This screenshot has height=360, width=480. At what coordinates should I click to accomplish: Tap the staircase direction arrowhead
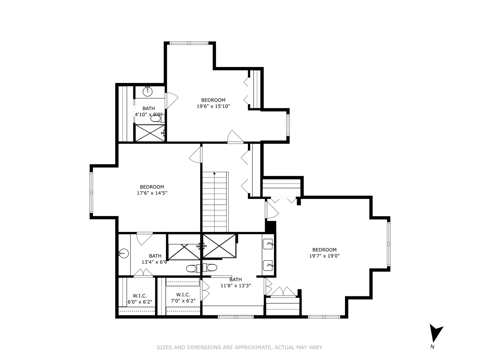pos(214,173)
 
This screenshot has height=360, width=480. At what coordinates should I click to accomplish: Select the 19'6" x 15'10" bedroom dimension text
pos(213,106)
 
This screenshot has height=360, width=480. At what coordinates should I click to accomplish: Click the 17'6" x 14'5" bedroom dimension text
pos(152,193)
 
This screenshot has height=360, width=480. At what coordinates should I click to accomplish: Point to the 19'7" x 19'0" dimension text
pos(324,256)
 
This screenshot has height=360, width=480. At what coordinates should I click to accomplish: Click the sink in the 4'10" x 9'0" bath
pos(148,91)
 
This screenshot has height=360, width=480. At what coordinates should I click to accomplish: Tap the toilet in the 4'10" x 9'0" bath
pos(157,119)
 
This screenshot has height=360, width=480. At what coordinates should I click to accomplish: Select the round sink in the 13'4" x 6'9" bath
pos(124,253)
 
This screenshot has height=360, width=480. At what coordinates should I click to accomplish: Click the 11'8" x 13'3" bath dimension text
pos(235,285)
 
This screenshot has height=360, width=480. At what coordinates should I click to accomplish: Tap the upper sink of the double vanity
pos(268,244)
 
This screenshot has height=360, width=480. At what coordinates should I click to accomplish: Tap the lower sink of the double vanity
pos(268,265)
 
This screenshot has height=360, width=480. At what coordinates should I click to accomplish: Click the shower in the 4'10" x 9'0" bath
pos(150,133)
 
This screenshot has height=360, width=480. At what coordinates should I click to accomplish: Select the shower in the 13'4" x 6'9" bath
pos(184,252)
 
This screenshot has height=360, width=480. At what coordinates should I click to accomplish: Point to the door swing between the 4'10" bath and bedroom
pos(172,101)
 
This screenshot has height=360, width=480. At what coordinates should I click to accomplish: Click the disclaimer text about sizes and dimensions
pos(240,347)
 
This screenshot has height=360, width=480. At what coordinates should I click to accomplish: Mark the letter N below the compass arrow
pos(432,347)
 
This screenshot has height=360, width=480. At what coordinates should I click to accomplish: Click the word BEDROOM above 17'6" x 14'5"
pos(152,187)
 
